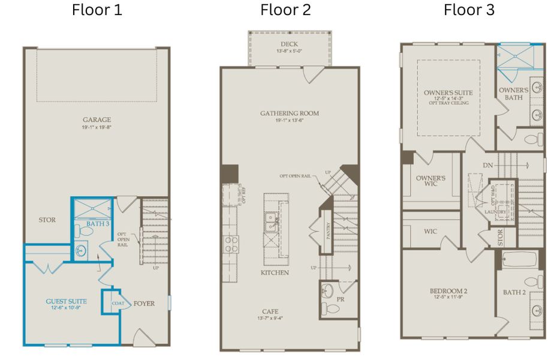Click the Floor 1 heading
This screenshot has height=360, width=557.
97,10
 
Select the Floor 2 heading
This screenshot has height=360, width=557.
285,10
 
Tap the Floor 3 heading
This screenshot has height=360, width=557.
469,10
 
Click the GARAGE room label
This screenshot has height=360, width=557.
97,120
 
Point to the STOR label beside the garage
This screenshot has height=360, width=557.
47,220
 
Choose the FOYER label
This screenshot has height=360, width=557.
144,304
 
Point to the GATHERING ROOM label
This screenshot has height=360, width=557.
290,113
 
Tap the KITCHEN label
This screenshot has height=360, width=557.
275,273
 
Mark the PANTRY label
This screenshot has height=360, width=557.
329,230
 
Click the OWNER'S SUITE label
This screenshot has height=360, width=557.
448,93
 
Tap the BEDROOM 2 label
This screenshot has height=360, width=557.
448,292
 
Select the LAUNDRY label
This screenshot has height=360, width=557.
495,211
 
